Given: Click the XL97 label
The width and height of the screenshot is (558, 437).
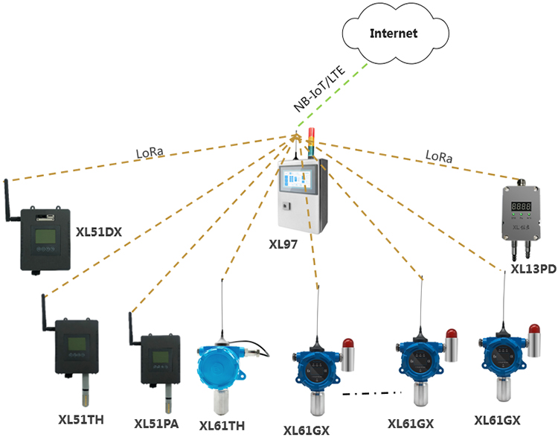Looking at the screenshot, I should point(283,243).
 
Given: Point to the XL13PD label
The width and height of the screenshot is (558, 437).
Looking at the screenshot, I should point(533,269).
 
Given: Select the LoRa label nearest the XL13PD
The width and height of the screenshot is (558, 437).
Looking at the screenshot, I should point(437,157).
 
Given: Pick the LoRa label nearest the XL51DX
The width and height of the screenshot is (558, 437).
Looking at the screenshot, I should point(150,154).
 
